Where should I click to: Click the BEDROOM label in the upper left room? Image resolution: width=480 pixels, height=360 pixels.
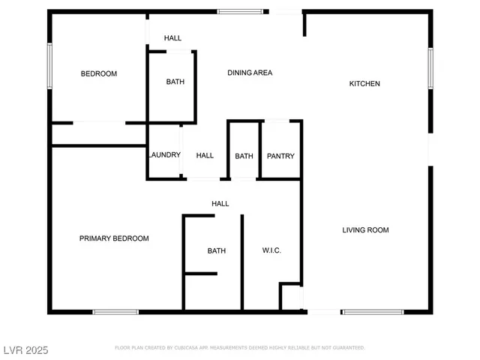coord(99,73)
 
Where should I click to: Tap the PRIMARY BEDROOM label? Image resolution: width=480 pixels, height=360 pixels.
coord(114,238)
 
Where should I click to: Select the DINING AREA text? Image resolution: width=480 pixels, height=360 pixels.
coord(250,73)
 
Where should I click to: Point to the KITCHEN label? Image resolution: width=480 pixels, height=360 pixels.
coord(364,83)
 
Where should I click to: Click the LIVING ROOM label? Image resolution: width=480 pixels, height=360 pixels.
coord(365,230)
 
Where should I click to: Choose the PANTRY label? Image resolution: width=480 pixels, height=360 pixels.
coord(280,156)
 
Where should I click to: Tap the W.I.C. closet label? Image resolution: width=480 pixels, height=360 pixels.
coord(271,250)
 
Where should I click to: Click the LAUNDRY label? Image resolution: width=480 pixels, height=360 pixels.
coord(164,155)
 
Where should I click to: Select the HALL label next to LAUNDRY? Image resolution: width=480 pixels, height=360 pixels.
coord(205,156)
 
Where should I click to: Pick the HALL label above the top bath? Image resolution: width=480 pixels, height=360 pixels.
coord(172,38)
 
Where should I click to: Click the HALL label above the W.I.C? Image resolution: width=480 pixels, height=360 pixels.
coord(220,203)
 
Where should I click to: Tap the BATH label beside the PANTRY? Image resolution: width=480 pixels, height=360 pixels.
coord(244,156)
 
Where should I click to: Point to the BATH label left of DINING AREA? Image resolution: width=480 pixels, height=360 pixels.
coord(175,82)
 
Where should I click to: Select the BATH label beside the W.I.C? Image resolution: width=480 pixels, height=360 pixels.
coord(217,250)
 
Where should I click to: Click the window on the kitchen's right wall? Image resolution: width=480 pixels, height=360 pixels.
coord(430,68)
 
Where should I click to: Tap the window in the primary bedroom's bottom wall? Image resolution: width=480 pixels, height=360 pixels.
coord(115,311)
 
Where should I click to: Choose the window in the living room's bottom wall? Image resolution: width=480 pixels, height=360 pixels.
coord(373,311)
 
